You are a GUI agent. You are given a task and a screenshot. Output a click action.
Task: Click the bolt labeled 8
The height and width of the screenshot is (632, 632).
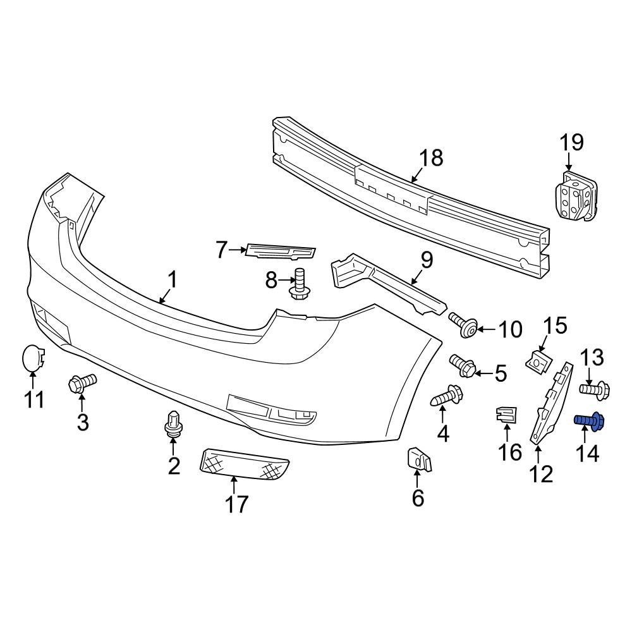[300, 284]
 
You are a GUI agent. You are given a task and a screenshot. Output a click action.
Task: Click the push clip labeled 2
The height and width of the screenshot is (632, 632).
[173, 423]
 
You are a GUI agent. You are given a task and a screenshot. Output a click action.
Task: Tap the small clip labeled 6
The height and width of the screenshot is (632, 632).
[419, 459]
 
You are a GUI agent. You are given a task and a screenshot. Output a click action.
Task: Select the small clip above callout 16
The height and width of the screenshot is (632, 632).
[506, 415]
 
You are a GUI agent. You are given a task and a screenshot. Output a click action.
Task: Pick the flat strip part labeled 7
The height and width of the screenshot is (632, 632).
[280, 252]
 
